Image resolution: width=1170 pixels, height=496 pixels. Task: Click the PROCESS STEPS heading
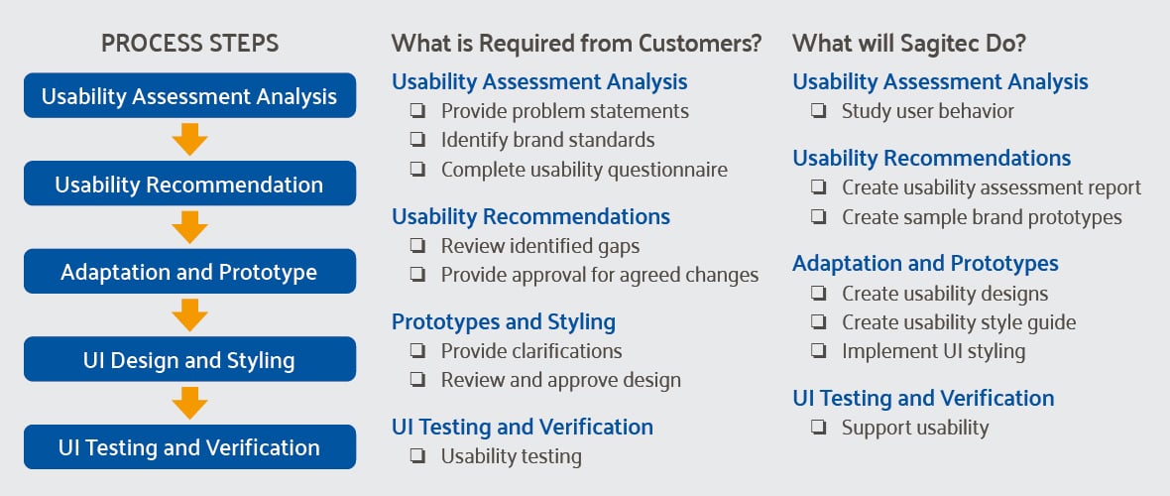coord(189,44)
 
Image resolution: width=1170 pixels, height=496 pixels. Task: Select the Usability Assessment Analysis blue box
coord(189,96)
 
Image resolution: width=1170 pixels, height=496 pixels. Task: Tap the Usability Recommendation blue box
coord(189,185)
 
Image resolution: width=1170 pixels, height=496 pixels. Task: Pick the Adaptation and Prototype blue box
coord(189,272)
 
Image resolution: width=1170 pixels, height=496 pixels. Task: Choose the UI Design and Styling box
coord(189,359)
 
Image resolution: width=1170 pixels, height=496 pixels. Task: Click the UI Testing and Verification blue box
coord(189,447)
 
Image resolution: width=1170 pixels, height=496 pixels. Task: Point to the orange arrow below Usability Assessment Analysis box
coord(189,140)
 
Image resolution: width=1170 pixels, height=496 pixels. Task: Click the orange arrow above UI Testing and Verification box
coord(189,403)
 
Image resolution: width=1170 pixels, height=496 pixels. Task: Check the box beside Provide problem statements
coord(418,111)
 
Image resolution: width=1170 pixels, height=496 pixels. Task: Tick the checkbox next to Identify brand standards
coord(418,141)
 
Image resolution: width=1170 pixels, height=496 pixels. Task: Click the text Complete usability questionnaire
coord(584,170)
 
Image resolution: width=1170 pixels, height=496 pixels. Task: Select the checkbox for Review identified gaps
coord(418,246)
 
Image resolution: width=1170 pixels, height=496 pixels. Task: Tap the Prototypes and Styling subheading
coord(503,322)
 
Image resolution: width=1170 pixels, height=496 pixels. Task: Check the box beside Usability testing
coord(418,457)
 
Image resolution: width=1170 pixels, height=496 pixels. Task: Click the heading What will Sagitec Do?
coord(908,44)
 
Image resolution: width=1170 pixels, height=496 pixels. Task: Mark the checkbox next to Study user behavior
coord(819,111)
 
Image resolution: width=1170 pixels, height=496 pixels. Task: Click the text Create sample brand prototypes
coord(982,216)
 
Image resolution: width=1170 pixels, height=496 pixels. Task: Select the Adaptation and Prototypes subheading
coord(925,264)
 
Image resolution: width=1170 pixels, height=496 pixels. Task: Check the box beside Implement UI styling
coord(819,351)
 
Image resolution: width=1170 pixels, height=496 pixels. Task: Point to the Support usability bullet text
coord(915,428)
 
